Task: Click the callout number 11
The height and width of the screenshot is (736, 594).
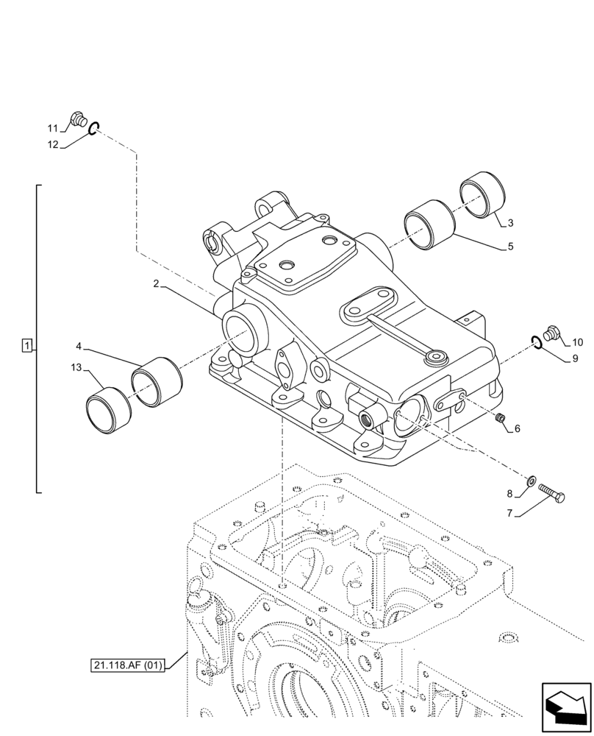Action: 52,127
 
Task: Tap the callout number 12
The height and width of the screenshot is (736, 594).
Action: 53,145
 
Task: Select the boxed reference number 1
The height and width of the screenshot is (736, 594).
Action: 27,345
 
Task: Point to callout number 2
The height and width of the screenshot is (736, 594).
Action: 157,284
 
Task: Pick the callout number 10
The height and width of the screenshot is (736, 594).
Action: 577,342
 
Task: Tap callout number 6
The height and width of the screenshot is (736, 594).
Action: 517,428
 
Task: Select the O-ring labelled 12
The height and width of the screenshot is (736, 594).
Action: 93,130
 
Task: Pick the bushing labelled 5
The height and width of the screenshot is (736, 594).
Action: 430,224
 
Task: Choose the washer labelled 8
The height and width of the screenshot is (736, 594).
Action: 531,481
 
